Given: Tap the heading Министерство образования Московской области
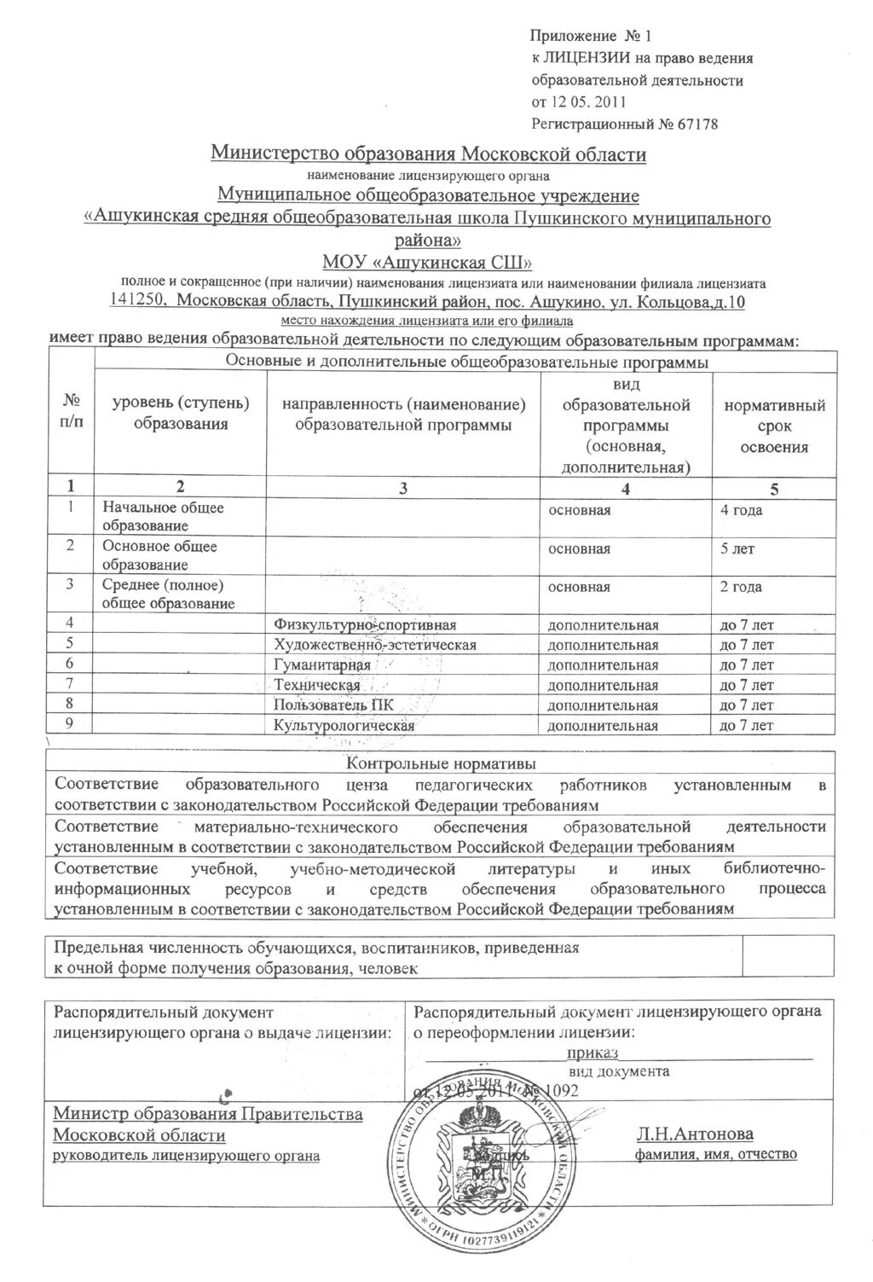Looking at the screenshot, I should click(429, 154).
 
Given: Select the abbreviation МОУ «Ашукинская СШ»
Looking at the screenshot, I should click(428, 260).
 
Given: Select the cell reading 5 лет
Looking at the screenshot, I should click(737, 548).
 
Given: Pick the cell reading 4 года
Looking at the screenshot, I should click(741, 510).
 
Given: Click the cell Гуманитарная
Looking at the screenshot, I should click(321, 664).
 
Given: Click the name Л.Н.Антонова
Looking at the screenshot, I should click(694, 1134).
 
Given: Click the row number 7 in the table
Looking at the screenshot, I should click(71, 684).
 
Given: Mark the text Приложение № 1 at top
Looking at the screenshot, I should click(590, 36).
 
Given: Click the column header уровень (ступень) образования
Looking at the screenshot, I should click(181, 413).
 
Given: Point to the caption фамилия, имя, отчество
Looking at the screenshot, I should click(715, 1155).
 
